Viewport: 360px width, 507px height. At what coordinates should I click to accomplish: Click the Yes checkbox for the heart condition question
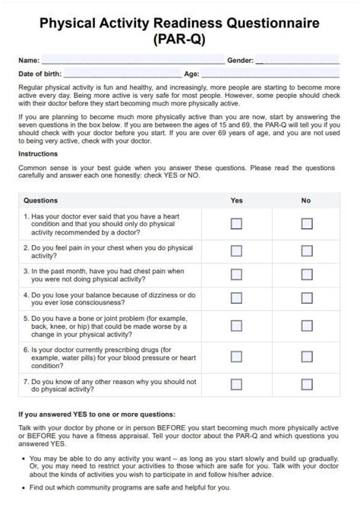pyautogui.click(x=236, y=224)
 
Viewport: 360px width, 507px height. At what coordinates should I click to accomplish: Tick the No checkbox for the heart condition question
pyautogui.click(x=307, y=224)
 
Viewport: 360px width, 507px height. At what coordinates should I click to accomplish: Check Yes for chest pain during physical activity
pyautogui.click(x=236, y=250)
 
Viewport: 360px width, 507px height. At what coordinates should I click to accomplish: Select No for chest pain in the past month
pyautogui.click(x=307, y=276)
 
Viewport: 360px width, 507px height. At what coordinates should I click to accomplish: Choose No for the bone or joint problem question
pyautogui.click(x=307, y=326)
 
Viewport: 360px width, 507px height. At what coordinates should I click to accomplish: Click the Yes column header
pyautogui.click(x=236, y=201)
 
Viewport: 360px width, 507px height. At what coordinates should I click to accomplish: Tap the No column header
pyautogui.click(x=306, y=201)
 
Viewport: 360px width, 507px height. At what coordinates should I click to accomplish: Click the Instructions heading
pyautogui.click(x=38, y=154)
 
